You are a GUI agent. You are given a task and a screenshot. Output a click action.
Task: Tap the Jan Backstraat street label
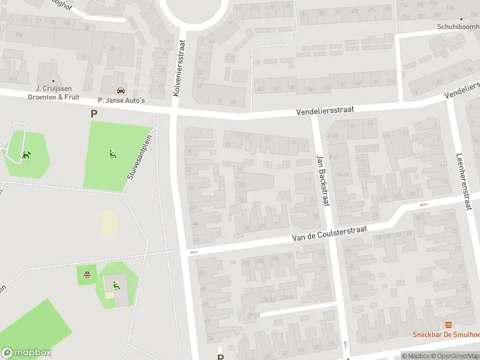(x=323, y=180)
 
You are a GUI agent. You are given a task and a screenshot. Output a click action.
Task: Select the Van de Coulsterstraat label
(x=328, y=232)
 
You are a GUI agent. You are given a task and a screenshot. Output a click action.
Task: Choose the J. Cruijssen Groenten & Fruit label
(x=53, y=92)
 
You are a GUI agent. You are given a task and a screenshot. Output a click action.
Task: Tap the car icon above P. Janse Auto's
(x=121, y=91)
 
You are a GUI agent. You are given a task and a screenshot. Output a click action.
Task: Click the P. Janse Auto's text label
(x=121, y=100)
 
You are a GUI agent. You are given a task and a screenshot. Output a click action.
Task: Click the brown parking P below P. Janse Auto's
(x=93, y=113)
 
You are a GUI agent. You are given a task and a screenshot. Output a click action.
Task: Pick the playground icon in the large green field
(x=112, y=154)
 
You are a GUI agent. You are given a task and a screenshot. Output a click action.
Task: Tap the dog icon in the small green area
(x=26, y=155)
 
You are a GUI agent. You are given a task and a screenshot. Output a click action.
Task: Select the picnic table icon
(x=88, y=275)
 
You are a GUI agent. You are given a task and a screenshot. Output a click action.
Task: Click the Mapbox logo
(x=26, y=353)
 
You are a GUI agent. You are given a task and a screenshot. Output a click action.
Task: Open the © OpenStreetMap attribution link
(x=454, y=356)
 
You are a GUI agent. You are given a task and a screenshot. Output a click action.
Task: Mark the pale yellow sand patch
(x=109, y=223)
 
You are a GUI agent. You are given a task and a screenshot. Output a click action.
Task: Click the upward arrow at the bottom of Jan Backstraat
(x=346, y=344)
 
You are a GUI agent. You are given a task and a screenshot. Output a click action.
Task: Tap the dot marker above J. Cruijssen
(x=53, y=81)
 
